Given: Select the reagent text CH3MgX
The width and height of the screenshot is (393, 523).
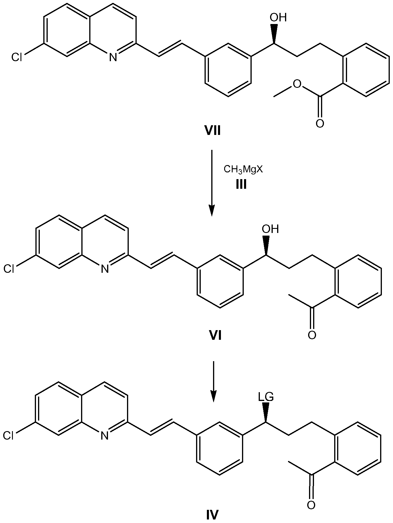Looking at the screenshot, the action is pos(243,169).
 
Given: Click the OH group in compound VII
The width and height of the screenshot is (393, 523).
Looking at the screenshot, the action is pos(278,18).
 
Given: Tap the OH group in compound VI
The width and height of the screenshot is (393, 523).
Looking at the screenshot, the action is pos(270,229).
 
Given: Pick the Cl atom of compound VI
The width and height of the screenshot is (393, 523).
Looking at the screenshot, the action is pos(9,269).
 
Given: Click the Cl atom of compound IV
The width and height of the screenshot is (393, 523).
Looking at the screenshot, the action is pos(9,436).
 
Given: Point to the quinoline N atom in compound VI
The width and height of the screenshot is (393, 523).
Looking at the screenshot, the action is pos(105,269).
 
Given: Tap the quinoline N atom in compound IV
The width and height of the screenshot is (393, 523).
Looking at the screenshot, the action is pos(105,436).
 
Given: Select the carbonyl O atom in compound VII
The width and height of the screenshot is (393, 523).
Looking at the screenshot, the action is pos(320,124).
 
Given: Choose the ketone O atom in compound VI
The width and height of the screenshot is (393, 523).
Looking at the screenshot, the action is pos(312,335).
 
